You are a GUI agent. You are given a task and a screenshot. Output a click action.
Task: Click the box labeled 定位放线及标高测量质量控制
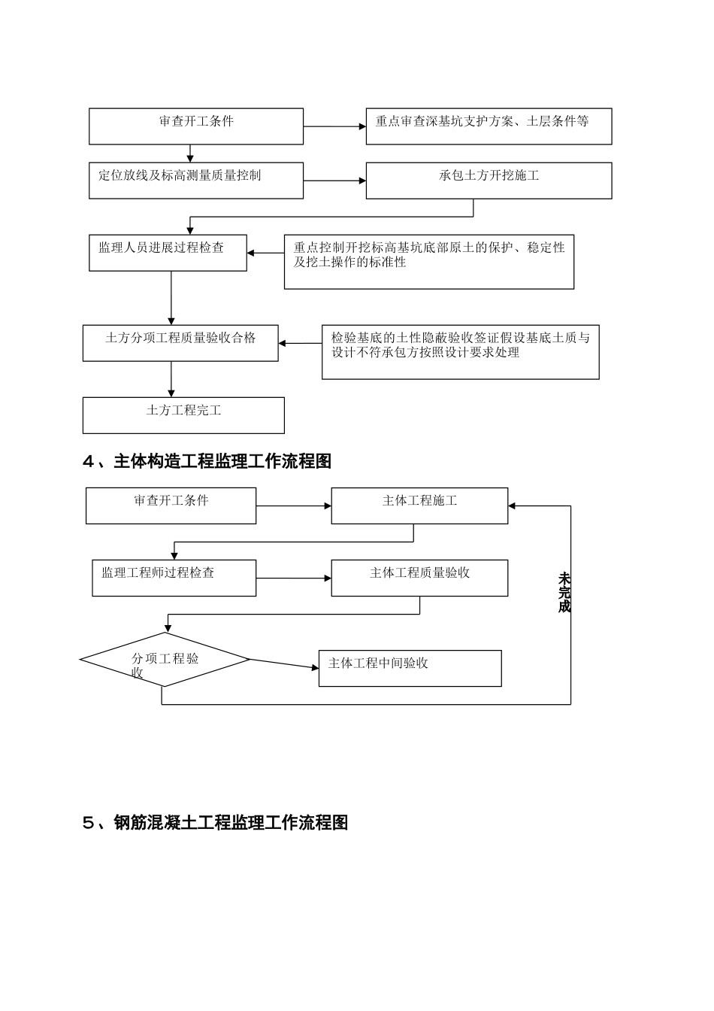tap(195, 181)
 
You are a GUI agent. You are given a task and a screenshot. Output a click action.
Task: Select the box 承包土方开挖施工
tap(489, 181)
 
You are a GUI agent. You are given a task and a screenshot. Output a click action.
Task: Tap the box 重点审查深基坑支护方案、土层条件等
tap(489, 126)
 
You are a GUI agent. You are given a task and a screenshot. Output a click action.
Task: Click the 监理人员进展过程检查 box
tap(168, 253)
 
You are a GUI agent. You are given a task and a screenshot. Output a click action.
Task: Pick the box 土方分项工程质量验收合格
tap(180, 343)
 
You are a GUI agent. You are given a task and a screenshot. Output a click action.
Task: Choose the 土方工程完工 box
tap(183, 415)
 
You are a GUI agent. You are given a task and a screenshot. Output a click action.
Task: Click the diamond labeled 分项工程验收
tap(165, 660)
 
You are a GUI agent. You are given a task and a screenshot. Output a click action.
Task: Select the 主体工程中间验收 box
tap(410, 668)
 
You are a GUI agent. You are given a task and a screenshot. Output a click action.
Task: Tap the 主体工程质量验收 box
tap(419, 578)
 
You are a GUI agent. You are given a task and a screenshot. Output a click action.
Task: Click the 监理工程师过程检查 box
tap(174, 578)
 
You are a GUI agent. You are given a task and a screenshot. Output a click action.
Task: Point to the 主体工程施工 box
tap(419, 506)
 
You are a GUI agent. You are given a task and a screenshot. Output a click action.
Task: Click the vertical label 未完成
tap(564, 593)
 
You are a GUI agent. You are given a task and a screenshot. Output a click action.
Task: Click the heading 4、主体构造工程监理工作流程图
tap(207, 461)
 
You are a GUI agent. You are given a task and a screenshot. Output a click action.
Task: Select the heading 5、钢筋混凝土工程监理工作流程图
tap(215, 822)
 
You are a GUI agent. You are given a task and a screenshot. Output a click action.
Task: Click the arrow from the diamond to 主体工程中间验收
tap(284, 663)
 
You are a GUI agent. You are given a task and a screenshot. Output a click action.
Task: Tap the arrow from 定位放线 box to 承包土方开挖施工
tap(334, 181)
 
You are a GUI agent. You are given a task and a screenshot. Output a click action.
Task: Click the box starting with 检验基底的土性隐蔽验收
tap(460, 352)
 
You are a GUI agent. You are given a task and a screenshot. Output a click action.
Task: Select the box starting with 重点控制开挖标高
tap(428, 262)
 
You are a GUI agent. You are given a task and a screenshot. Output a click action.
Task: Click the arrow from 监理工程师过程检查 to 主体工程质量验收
tap(293, 578)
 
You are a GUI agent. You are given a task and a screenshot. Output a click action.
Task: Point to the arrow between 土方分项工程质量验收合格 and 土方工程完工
tap(171, 379)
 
